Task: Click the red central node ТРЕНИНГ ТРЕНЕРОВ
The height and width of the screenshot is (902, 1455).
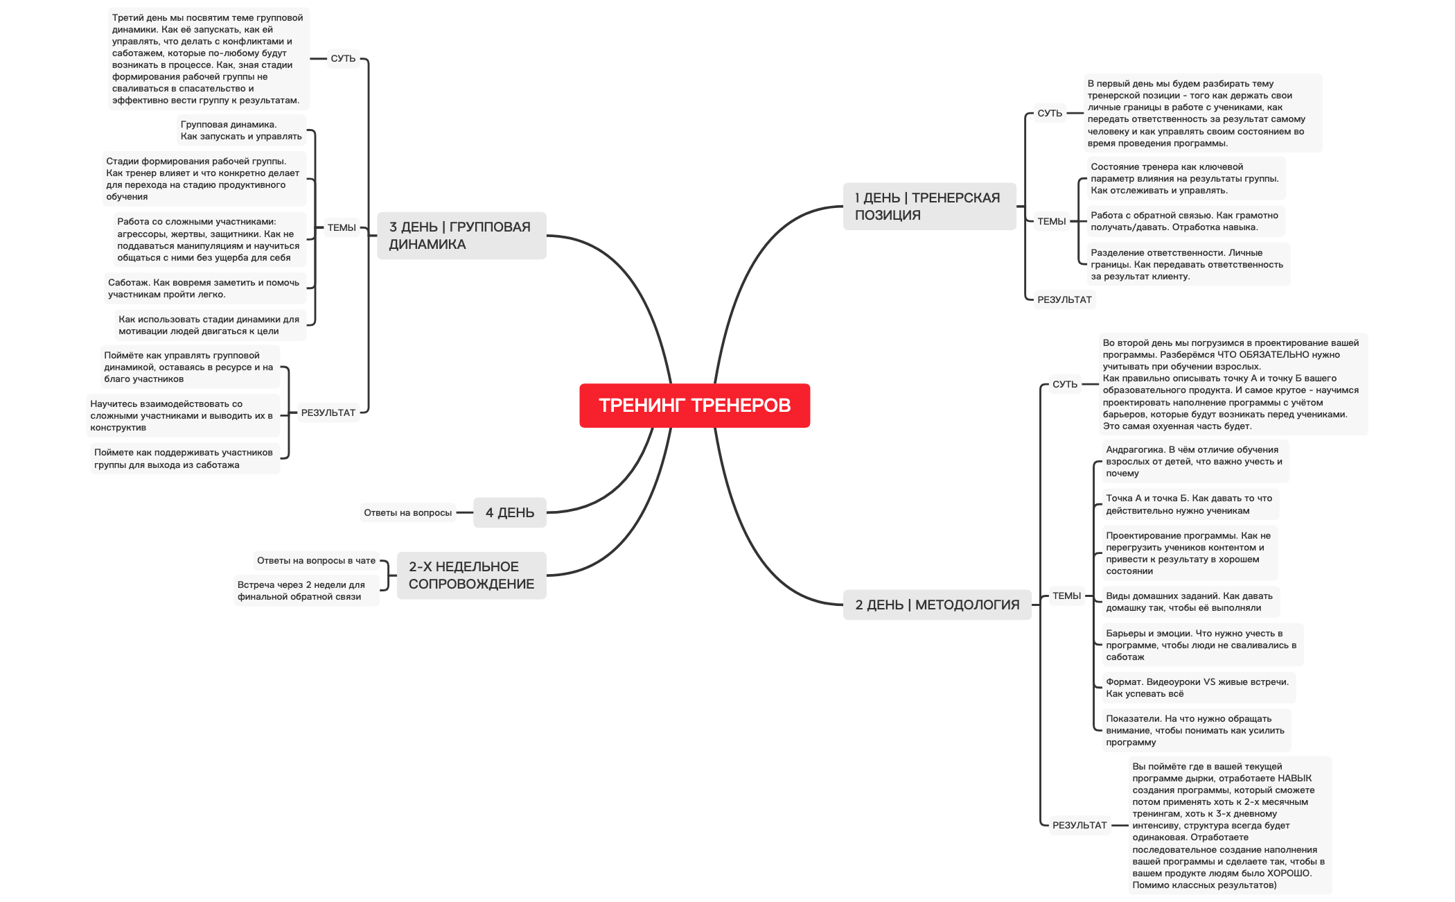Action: pos(694,406)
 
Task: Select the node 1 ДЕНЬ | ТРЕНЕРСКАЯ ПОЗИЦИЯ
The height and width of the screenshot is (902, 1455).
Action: pos(928,207)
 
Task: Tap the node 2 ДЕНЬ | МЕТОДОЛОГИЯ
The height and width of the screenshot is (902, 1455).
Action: pos(937,605)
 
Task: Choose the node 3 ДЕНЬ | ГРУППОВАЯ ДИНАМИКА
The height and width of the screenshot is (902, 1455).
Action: pos(461,236)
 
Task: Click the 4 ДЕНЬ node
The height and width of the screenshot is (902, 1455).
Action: pos(509,513)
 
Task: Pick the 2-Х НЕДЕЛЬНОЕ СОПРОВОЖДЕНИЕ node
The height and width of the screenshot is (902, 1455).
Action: pos(471,575)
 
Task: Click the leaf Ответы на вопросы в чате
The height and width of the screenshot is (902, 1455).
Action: pos(316,561)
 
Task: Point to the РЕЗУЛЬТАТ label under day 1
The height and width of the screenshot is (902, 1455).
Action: pos(1064,300)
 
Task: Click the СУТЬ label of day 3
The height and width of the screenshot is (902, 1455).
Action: pos(343,59)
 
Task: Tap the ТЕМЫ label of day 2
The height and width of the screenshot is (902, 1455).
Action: pos(1066,596)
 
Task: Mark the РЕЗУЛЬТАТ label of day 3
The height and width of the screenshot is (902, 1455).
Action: pos(328,413)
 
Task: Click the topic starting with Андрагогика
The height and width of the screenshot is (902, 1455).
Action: pos(1194,462)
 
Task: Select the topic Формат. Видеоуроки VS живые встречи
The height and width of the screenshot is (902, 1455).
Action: pos(1197,688)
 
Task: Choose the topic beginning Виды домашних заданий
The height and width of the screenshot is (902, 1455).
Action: pos(1189,602)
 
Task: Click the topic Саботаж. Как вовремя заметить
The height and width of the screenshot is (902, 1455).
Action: pos(204,288)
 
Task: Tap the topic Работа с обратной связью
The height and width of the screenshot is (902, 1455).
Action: pos(1184,221)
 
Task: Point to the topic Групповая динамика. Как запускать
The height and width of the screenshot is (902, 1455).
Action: pos(240,130)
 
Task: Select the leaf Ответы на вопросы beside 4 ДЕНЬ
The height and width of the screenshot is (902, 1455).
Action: pos(407,513)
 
